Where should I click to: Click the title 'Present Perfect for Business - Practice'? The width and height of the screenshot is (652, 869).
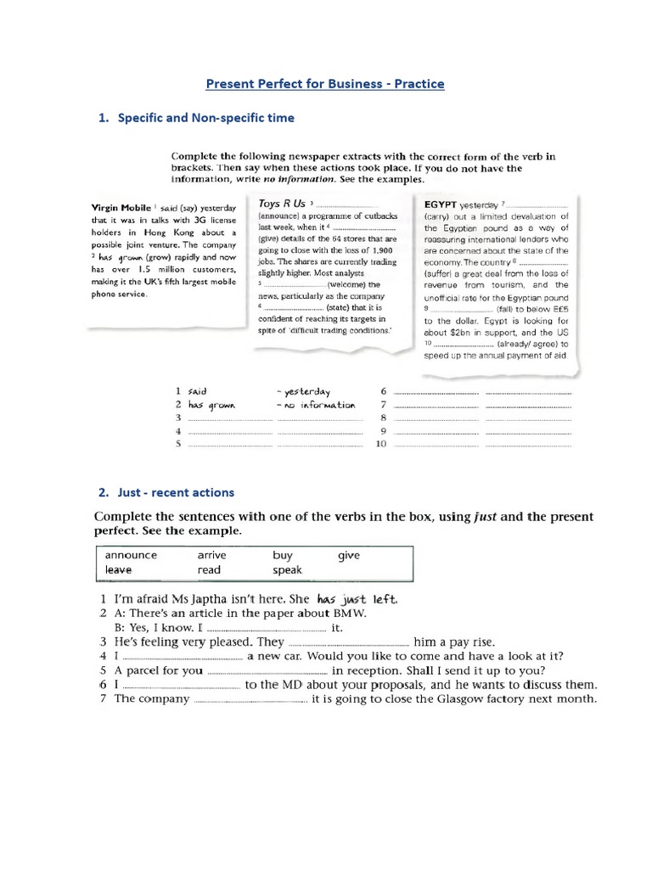[326, 84]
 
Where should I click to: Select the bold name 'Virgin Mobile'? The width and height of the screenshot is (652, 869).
[120, 207]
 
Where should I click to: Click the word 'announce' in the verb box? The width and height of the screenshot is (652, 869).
[132, 555]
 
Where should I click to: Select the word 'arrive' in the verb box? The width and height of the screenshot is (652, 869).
[211, 555]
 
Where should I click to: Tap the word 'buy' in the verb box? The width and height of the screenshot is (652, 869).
[283, 555]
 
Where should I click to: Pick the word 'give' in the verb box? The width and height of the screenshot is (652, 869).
[349, 555]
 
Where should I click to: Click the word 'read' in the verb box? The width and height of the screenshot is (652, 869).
[209, 570]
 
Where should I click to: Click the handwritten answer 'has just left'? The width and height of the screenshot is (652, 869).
[357, 599]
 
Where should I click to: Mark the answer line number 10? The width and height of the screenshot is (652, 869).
[380, 444]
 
